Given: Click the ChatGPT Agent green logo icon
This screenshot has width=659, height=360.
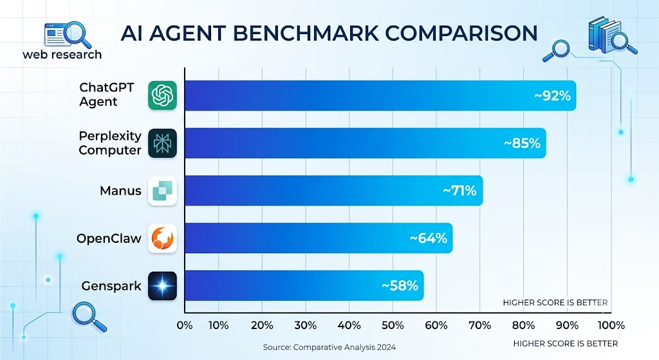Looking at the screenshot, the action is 162,95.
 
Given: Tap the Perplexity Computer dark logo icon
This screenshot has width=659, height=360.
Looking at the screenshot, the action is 162,144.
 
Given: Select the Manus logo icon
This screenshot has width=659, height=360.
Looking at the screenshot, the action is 162,191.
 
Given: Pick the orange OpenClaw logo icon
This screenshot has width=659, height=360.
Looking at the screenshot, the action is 162,238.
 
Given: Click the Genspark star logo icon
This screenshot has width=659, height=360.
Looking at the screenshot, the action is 162,286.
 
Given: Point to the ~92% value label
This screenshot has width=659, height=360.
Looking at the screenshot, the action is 552,96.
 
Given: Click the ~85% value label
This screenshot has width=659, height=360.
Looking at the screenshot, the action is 522,144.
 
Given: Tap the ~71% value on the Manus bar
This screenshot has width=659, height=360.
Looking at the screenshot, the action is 459,191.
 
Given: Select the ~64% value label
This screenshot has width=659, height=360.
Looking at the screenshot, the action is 428,238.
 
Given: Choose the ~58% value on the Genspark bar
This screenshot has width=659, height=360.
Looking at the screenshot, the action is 400,286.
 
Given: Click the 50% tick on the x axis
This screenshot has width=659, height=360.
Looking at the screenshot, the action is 393,325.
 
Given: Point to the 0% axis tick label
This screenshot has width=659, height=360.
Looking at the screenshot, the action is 185,325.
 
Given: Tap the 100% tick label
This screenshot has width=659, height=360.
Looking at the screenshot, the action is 611,325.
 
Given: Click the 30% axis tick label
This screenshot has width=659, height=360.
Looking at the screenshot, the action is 306,325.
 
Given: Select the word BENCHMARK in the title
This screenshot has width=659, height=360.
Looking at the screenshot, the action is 306,33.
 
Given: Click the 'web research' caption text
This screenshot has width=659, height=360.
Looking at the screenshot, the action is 62,54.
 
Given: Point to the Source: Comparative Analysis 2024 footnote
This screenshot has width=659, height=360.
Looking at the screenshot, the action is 329,347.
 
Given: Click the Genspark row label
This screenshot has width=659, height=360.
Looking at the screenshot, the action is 111,287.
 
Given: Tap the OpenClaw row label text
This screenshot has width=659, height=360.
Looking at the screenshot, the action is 109,238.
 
